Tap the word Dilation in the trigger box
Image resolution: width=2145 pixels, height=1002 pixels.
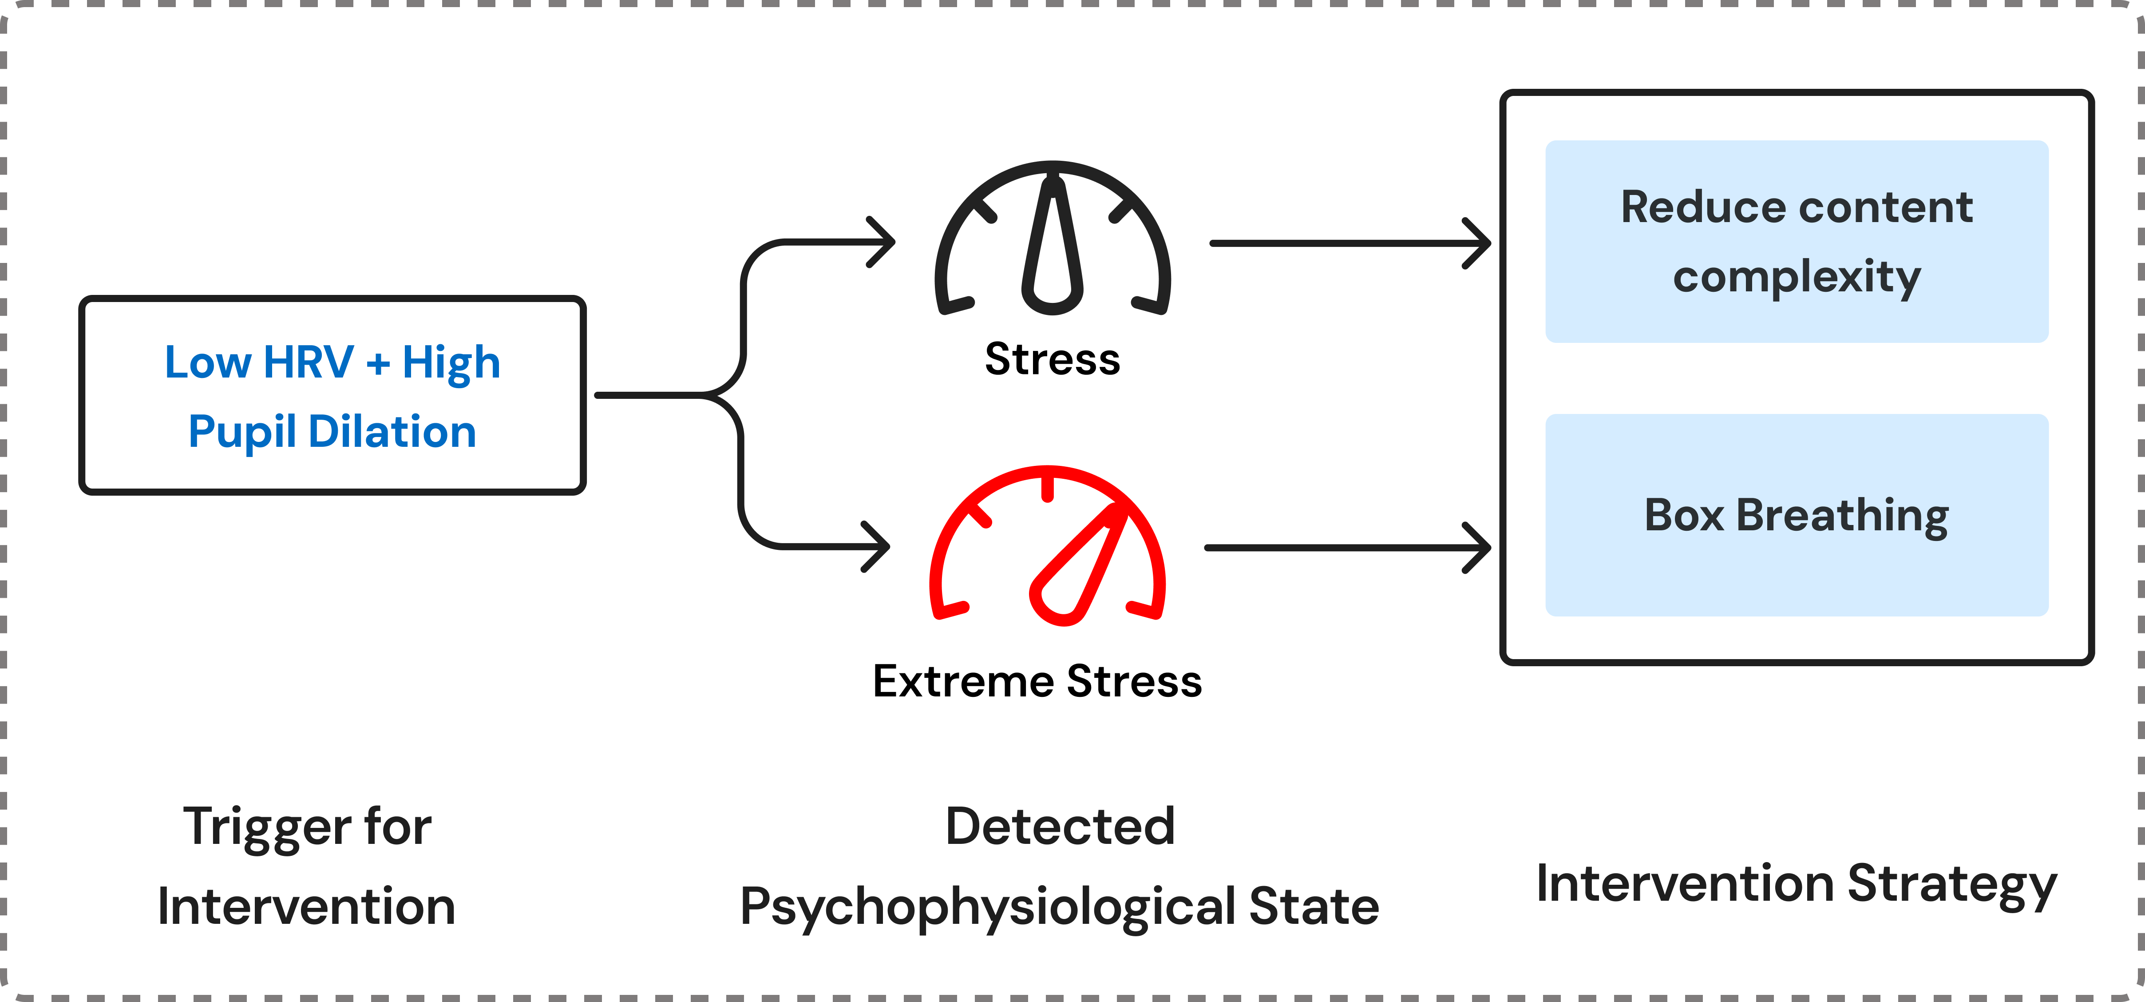coord(392,432)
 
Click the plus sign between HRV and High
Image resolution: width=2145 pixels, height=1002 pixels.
coord(378,363)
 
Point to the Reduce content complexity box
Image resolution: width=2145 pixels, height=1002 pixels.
coord(1796,242)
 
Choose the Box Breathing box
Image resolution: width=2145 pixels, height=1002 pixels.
coord(1796,515)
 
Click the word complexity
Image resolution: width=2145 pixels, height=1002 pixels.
coord(1796,277)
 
